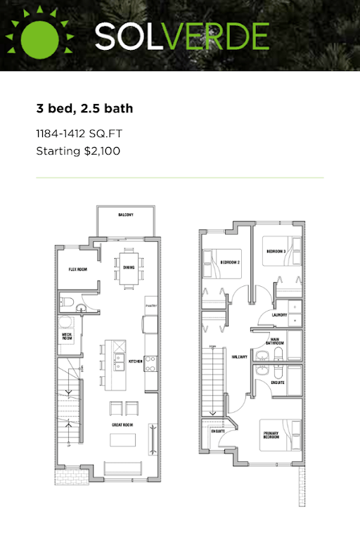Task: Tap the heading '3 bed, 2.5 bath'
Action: point(84,109)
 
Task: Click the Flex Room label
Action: point(77,269)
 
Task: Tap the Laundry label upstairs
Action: point(278,316)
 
